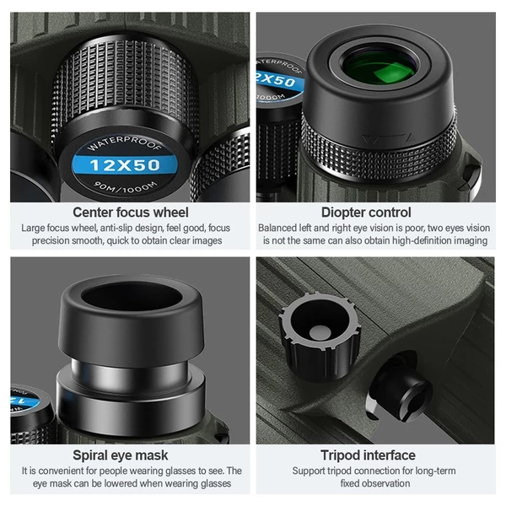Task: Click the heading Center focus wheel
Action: point(131,213)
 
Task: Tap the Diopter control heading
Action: point(366,213)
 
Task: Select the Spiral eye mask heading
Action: point(121,455)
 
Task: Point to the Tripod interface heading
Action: point(368,455)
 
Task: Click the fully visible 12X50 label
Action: point(125,165)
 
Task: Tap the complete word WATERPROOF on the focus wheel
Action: point(125,143)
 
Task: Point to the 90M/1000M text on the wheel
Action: point(126,187)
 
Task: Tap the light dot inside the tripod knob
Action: point(320,332)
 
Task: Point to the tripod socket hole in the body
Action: point(400,387)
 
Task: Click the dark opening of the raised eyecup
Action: point(132,296)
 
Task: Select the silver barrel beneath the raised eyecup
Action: point(130,375)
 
